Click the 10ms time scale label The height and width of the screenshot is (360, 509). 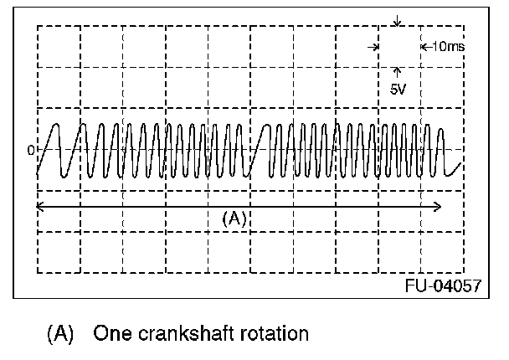[446, 47]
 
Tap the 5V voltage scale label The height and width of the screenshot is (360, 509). [397, 88]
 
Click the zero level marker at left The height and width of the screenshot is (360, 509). [32, 151]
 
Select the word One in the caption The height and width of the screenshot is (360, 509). [110, 334]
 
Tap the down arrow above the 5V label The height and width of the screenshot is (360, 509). [397, 20]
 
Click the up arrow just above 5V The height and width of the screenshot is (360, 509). [397, 73]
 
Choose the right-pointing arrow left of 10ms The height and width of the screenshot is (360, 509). [372, 47]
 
